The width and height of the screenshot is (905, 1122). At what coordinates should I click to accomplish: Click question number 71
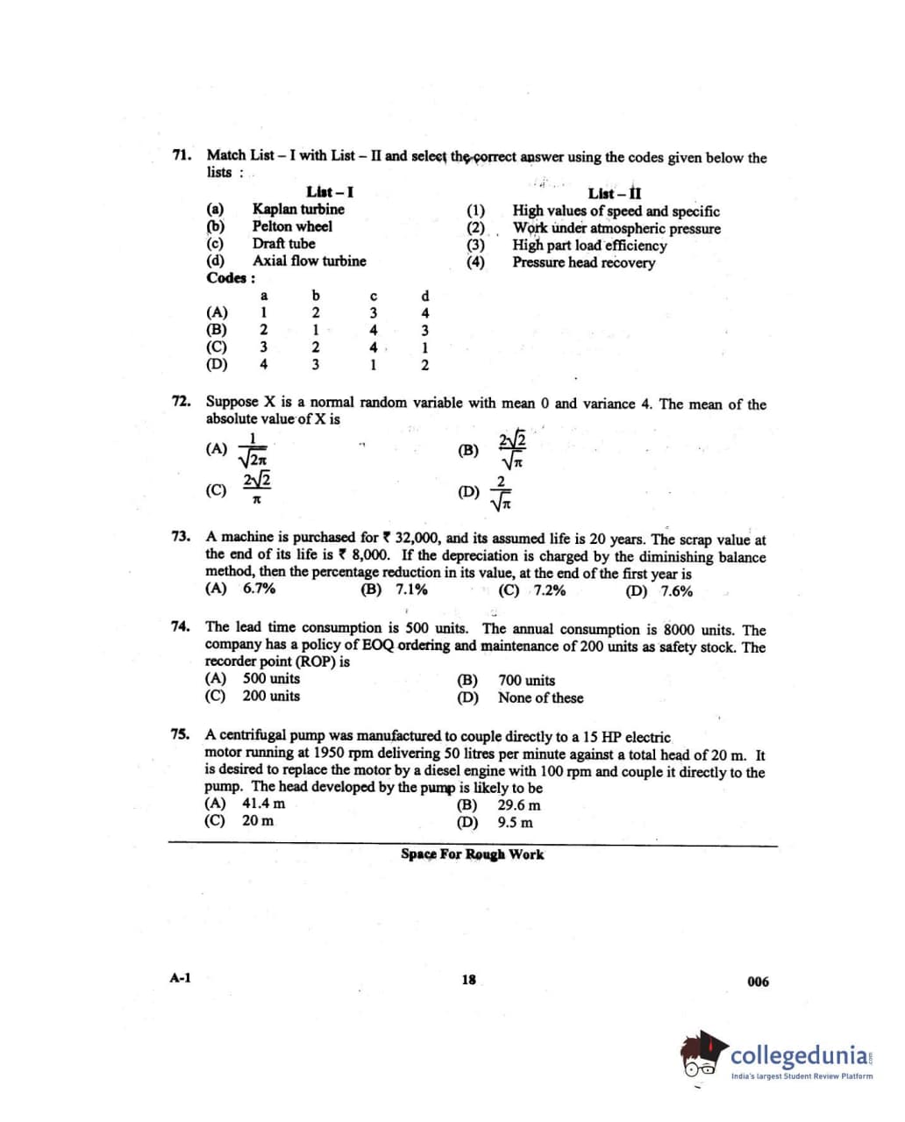[182, 154]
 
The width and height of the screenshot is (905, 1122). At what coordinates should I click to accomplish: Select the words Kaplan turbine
[298, 209]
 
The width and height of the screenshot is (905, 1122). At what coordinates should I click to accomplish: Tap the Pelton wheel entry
[292, 226]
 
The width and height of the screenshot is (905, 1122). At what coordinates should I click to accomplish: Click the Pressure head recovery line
[583, 262]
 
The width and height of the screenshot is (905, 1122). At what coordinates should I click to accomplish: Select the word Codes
[229, 278]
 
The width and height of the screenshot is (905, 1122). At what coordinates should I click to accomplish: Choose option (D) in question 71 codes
[217, 365]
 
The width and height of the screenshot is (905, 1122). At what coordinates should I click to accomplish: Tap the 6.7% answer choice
[259, 589]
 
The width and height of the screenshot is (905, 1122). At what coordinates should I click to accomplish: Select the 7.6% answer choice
[676, 590]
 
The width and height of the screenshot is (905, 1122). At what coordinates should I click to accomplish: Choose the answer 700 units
[526, 680]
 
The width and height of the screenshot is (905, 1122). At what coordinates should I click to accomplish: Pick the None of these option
[540, 698]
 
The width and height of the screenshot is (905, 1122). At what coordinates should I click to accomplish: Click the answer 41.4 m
[263, 804]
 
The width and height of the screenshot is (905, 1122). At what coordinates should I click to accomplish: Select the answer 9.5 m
[515, 823]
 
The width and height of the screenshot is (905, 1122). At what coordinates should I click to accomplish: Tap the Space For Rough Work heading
[472, 854]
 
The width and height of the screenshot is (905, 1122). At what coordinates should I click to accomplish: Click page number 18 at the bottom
[468, 980]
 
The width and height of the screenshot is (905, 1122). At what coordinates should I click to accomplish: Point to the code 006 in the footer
[758, 982]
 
